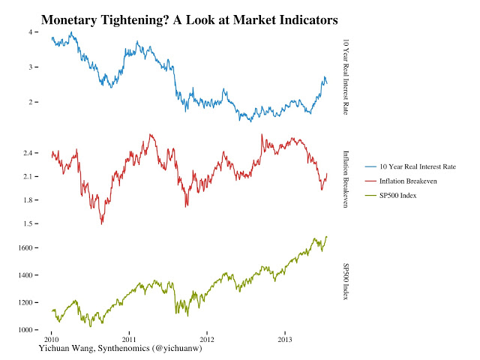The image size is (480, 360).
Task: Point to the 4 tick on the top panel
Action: [31, 32]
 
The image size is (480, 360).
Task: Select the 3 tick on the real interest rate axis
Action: [31, 67]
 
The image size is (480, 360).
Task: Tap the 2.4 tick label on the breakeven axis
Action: [28, 153]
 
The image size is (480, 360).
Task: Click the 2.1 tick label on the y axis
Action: [28, 176]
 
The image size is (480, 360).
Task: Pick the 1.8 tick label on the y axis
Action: [28, 199]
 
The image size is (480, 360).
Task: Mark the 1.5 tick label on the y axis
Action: [28, 223]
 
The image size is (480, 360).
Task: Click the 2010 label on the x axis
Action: [51, 339]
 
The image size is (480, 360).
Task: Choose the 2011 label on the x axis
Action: [129, 339]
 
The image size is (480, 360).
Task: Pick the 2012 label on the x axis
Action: [207, 339]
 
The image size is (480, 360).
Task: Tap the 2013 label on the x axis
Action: [285, 339]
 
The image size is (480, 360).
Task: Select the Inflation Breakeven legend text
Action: [408, 181]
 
